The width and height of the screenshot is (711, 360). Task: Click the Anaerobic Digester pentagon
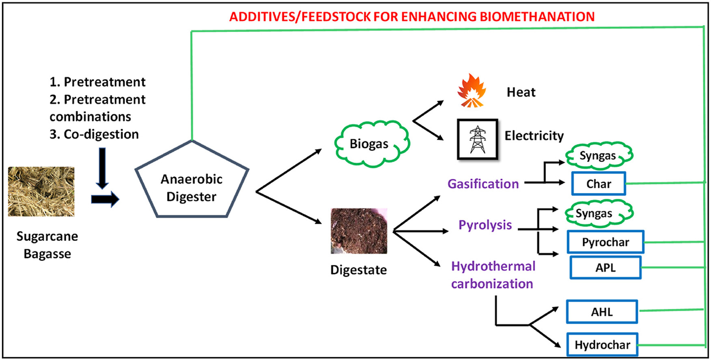pyautogui.click(x=192, y=183)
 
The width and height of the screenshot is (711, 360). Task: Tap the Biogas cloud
pyautogui.click(x=371, y=144)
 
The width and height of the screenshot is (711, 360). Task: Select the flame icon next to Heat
pyautogui.click(x=471, y=91)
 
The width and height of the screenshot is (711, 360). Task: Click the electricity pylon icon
pyautogui.click(x=478, y=139)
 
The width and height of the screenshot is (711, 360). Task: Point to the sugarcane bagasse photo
pyautogui.click(x=41, y=191)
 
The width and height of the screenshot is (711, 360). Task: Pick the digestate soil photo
pyautogui.click(x=359, y=231)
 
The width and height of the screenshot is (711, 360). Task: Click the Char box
pyautogui.click(x=599, y=184)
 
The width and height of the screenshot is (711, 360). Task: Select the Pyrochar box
pyautogui.click(x=605, y=242)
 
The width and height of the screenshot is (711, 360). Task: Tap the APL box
pyautogui.click(x=605, y=267)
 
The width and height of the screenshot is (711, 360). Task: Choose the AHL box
pyautogui.click(x=602, y=312)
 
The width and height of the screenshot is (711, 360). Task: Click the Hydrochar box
pyautogui.click(x=602, y=345)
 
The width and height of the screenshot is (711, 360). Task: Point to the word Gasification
pyautogui.click(x=483, y=184)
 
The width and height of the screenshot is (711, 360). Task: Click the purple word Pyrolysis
pyautogui.click(x=485, y=225)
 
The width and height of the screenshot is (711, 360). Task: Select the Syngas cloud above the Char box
pyautogui.click(x=599, y=156)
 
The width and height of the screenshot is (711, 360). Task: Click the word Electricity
pyautogui.click(x=534, y=135)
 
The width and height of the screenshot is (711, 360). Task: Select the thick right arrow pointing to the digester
pyautogui.click(x=105, y=199)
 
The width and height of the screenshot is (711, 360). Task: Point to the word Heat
pyautogui.click(x=521, y=92)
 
